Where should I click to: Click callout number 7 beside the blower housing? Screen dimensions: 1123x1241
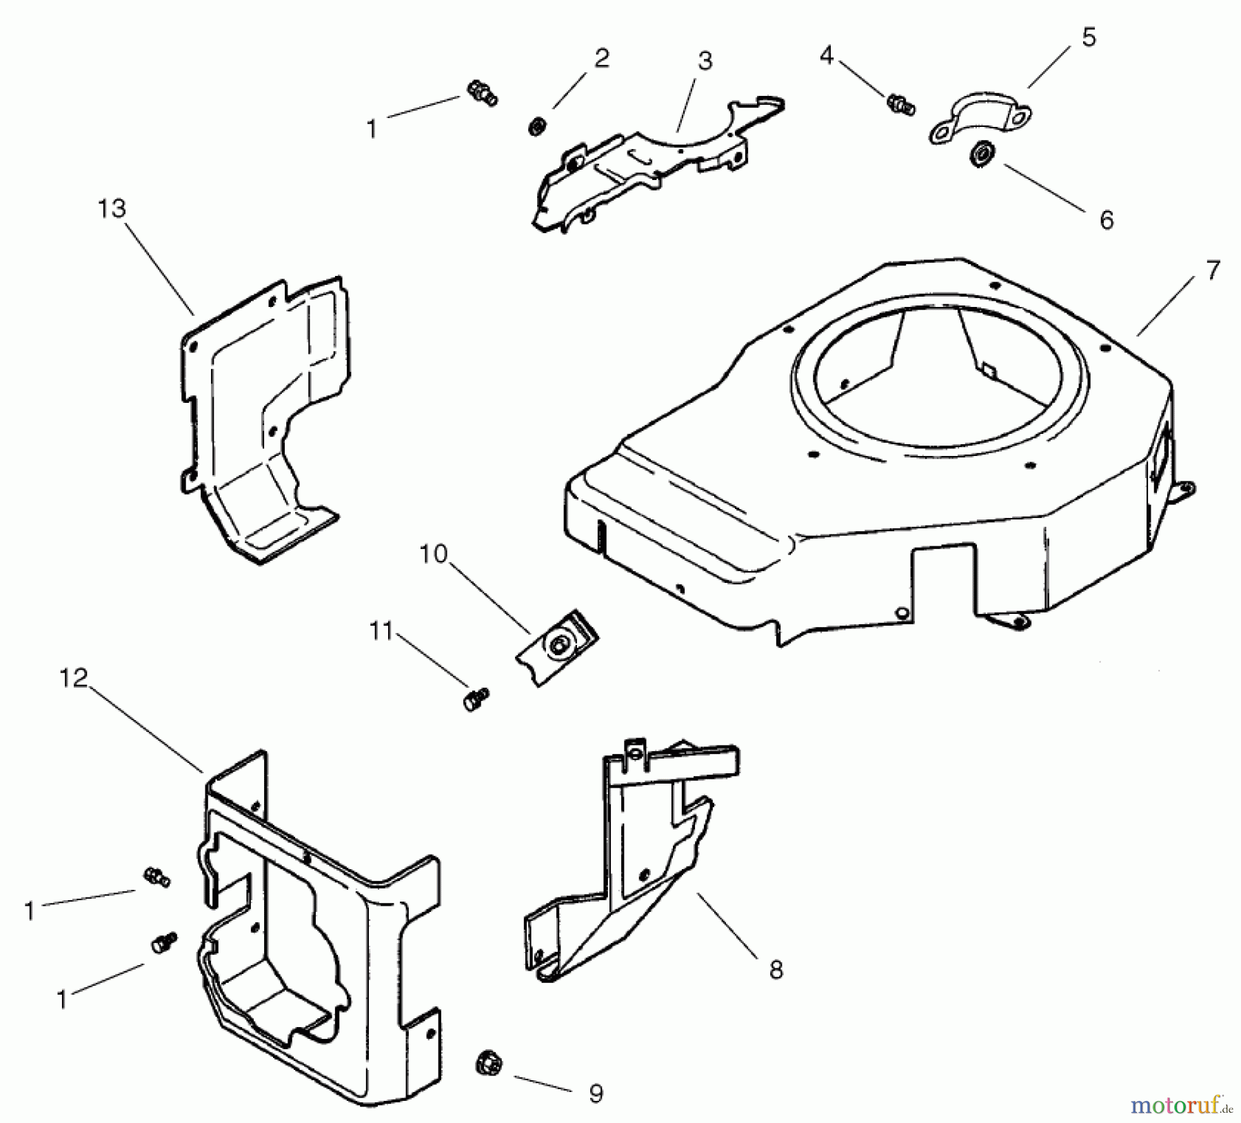[x=1213, y=270]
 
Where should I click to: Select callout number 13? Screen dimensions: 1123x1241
[x=112, y=208]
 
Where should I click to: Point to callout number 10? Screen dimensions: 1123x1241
[x=434, y=554]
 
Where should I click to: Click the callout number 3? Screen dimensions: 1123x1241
[x=704, y=61]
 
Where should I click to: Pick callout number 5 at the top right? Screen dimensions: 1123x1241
[x=1088, y=37]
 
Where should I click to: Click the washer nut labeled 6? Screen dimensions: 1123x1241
[x=980, y=153]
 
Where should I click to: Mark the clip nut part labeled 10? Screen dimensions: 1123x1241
[x=558, y=646]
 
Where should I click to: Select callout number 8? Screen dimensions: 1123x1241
[x=776, y=970]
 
